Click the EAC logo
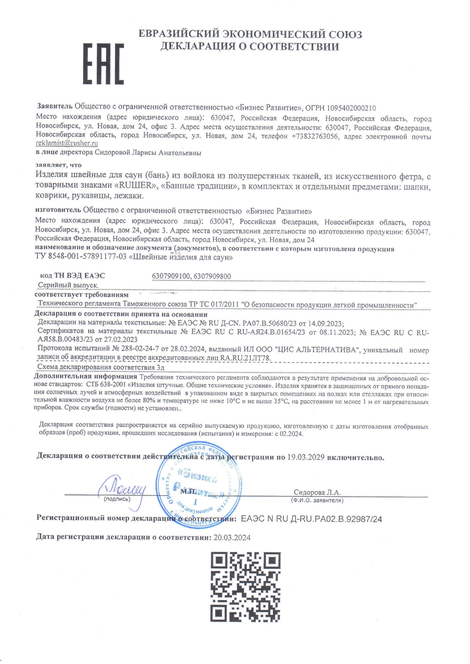103,64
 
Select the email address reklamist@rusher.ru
67,143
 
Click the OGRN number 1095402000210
351,108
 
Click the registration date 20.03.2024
232,538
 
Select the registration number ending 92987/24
311,519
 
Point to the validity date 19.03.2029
306,457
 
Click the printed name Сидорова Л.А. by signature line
317,492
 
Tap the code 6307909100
171,276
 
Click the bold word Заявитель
54,108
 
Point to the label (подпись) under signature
117,499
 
